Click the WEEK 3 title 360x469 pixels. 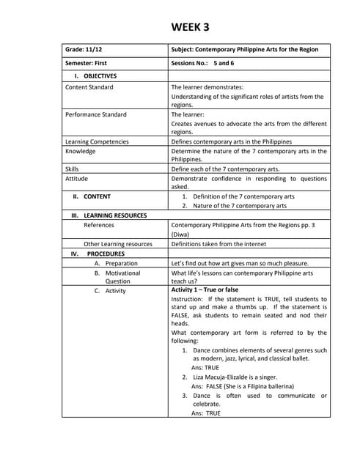[x=190, y=27]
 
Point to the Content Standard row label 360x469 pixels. [x=89, y=87]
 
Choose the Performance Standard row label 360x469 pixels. [x=95, y=114]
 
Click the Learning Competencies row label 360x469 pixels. [x=97, y=141]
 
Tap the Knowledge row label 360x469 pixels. [x=80, y=151]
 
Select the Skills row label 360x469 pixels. [x=72, y=169]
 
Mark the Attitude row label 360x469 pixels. [x=76, y=178]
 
